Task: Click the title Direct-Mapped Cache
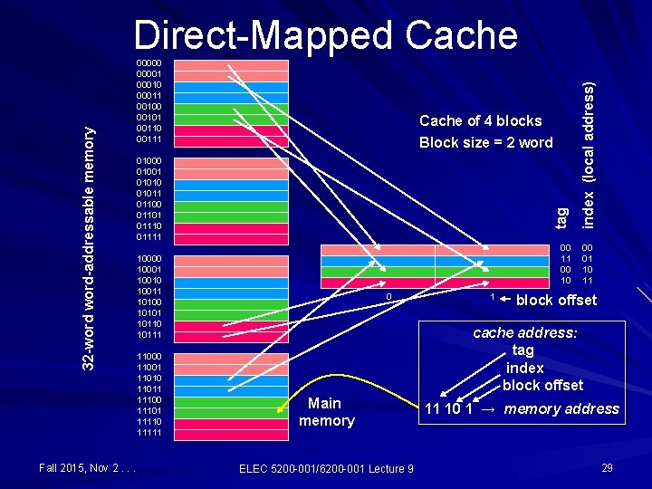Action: tap(325, 35)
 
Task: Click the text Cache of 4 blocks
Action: tap(480, 120)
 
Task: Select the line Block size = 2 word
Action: tap(485, 142)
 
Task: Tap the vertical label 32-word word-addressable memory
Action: tap(89, 246)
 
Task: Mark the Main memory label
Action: tap(326, 411)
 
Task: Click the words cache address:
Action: tap(524, 332)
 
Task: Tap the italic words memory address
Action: tap(561, 408)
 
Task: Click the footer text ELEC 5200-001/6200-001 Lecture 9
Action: tap(326, 467)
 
